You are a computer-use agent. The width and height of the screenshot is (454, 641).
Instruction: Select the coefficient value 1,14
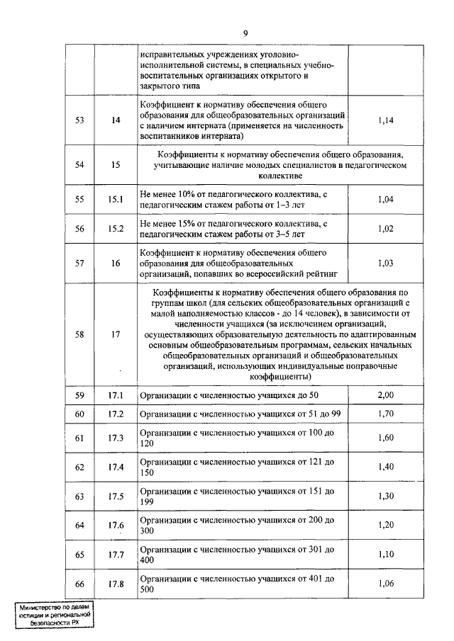(x=386, y=120)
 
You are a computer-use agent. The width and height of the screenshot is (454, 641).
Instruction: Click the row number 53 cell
(x=80, y=120)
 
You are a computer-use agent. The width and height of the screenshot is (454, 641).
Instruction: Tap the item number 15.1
(x=116, y=200)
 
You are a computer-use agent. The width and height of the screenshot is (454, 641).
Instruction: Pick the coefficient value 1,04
(x=386, y=200)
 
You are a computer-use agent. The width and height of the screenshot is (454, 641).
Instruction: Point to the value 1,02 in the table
(x=386, y=229)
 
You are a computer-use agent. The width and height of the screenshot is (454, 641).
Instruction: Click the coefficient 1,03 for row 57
(x=386, y=263)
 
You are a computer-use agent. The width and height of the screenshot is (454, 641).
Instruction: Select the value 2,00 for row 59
(x=386, y=395)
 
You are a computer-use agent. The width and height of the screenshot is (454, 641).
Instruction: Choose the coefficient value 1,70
(x=386, y=414)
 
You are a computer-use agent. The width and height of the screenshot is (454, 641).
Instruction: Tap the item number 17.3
(x=116, y=438)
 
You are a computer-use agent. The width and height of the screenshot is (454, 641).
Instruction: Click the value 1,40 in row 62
(x=386, y=467)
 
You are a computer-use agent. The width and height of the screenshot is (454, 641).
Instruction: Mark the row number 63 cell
(x=80, y=496)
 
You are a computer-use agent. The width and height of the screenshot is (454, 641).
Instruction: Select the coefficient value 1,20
(x=386, y=525)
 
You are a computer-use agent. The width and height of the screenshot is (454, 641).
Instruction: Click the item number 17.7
(x=116, y=554)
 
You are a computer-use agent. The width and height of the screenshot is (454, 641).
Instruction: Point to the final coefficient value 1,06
(x=386, y=583)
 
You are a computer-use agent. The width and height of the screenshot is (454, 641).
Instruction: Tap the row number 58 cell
(x=80, y=334)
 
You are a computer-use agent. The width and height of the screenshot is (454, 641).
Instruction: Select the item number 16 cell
(x=116, y=263)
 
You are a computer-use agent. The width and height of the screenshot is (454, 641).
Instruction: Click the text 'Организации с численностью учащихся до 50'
(x=230, y=395)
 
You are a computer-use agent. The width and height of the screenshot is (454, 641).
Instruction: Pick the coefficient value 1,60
(x=386, y=438)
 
